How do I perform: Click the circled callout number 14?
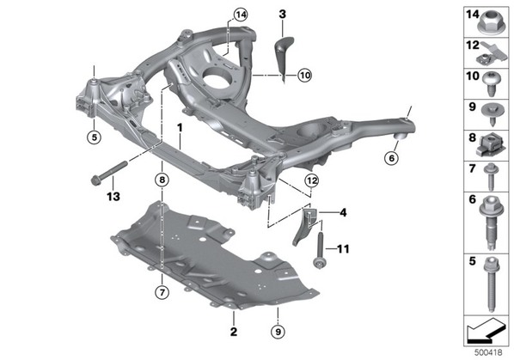241,15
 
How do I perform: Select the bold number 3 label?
282,15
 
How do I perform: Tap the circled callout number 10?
305,76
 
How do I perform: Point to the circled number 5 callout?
95,137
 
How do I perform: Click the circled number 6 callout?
391,159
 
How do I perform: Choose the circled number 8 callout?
162,180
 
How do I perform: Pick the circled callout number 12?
312,180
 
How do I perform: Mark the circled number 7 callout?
162,292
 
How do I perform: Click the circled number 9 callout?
278,333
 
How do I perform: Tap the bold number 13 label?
113,197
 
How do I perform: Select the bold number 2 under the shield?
234,332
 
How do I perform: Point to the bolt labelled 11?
319,250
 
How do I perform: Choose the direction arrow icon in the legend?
486,331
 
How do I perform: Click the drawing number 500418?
489,352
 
